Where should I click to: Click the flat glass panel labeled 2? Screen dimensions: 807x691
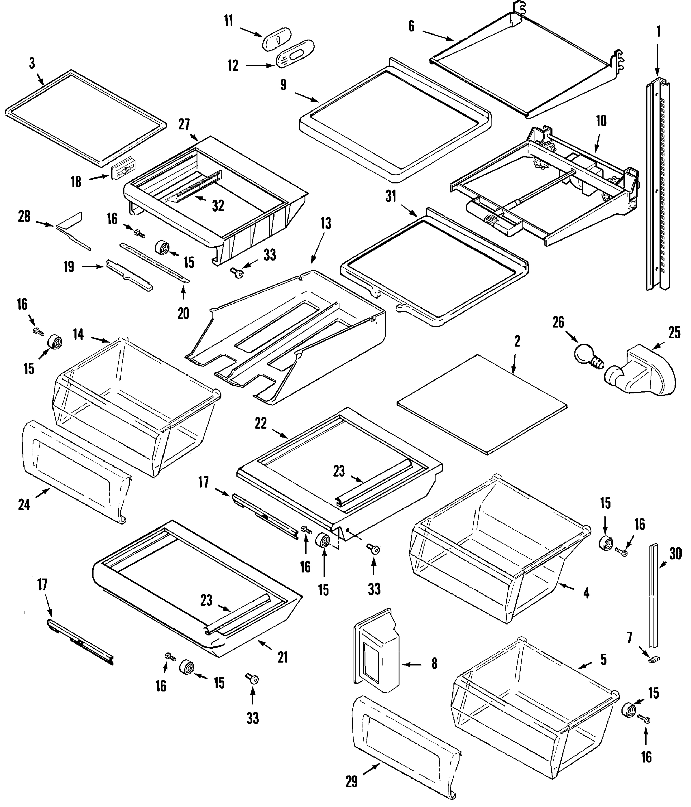(481, 404)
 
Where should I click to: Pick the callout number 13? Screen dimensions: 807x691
(326, 224)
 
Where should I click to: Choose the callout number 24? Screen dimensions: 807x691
(24, 505)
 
